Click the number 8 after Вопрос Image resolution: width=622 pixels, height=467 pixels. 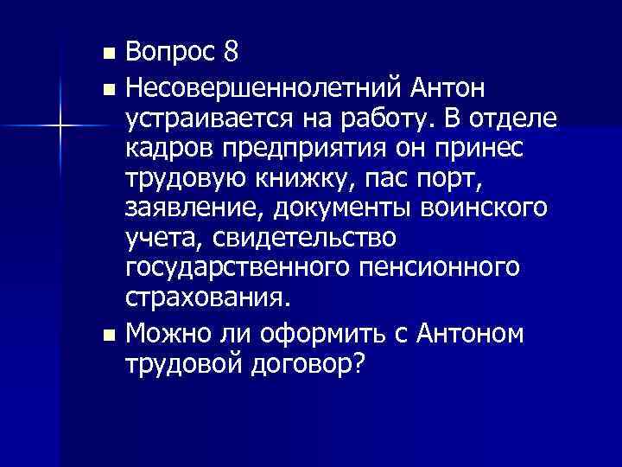(230, 54)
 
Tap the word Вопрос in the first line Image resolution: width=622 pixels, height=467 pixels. (169, 54)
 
